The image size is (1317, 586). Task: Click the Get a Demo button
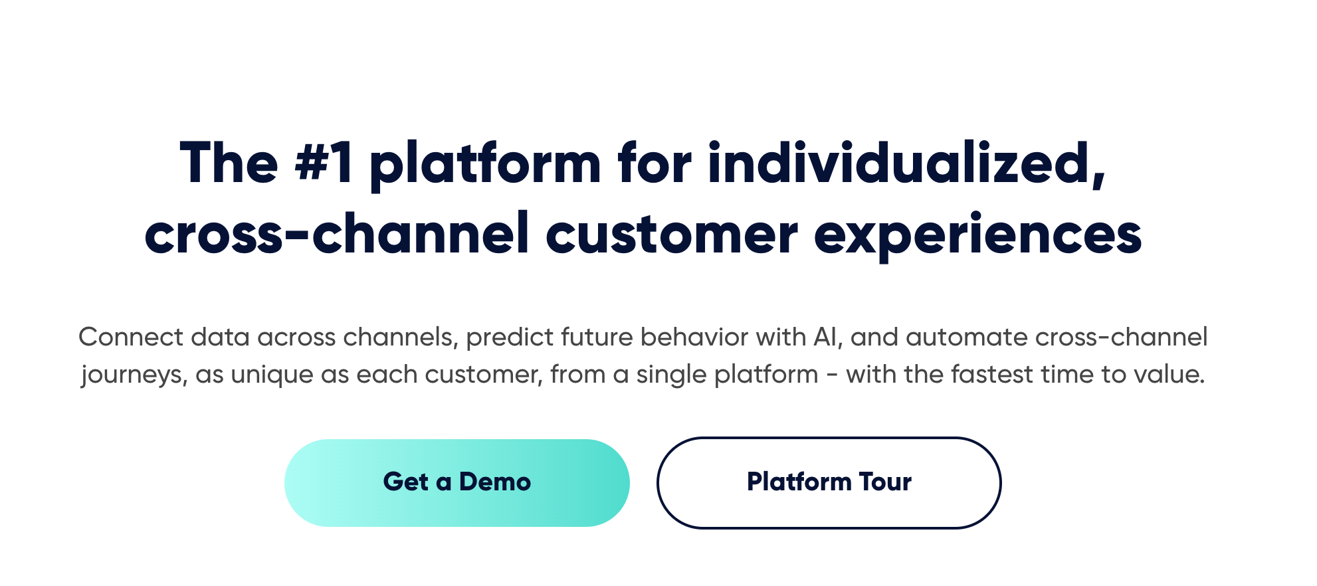(x=457, y=482)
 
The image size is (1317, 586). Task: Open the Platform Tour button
(x=829, y=482)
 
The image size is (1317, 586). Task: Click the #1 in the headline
(x=324, y=163)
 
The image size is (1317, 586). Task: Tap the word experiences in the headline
(x=977, y=235)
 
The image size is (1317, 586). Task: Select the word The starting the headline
(x=229, y=163)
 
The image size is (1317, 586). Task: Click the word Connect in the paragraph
(x=131, y=338)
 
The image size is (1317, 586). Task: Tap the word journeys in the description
(x=134, y=375)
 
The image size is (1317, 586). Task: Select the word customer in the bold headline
(x=672, y=235)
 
